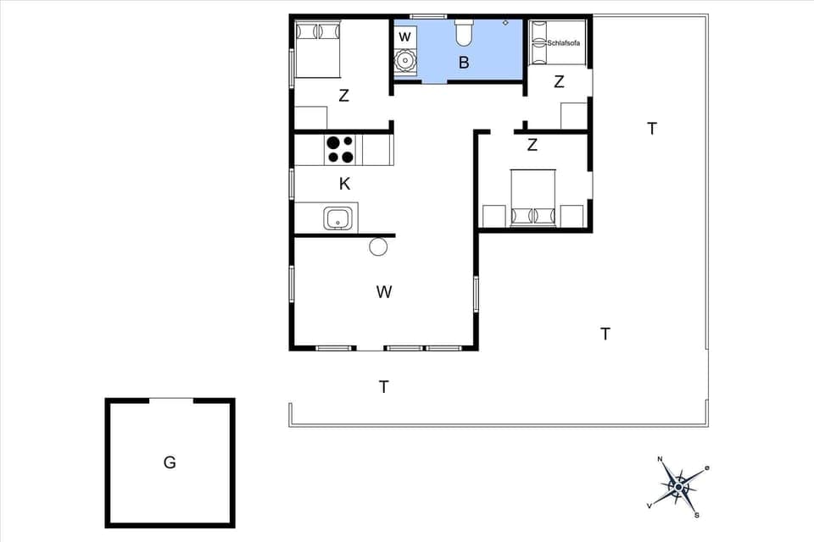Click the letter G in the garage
click(x=170, y=462)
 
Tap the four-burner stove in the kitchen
click(x=340, y=149)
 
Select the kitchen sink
click(x=338, y=218)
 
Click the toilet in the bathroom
click(x=464, y=33)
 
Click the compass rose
click(x=678, y=486)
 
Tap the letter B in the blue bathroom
click(x=464, y=62)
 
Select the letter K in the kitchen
click(x=344, y=184)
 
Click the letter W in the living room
click(x=384, y=292)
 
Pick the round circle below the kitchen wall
click(x=378, y=246)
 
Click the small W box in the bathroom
click(x=405, y=36)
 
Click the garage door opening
click(x=171, y=400)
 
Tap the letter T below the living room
click(x=384, y=387)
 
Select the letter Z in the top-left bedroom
click(x=343, y=96)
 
